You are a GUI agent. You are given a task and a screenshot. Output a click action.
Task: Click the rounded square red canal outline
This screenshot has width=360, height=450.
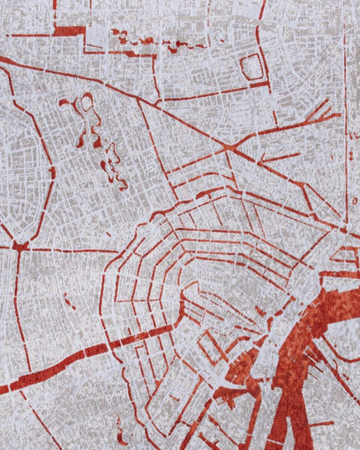pyautogui.click(x=252, y=66)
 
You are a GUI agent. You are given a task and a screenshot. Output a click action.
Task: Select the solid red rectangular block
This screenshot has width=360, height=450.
pyautogui.click(x=69, y=31)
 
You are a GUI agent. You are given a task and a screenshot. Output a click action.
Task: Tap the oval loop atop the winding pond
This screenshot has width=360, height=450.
pyautogui.click(x=85, y=105)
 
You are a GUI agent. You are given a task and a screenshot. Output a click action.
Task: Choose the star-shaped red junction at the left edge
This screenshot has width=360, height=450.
pyautogui.click(x=18, y=246)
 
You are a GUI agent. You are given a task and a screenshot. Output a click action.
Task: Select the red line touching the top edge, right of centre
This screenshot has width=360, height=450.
pyautogui.click(x=261, y=10)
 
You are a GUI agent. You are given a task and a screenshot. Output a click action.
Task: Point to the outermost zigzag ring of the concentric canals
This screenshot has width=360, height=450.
pyautogui.click(x=109, y=277)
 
